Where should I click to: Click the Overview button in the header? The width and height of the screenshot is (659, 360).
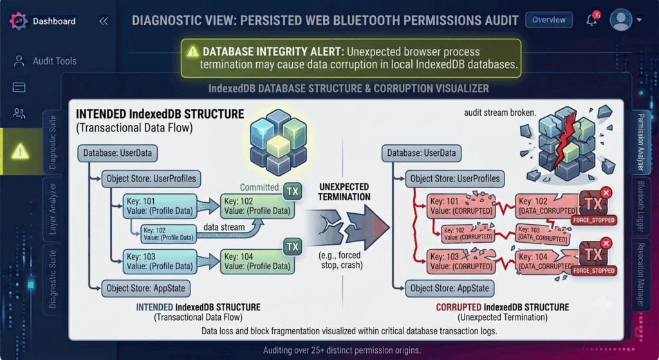[x=548, y=20]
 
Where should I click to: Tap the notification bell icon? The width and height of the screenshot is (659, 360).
[x=592, y=19]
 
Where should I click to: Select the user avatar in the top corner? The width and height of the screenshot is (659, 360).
[x=621, y=19]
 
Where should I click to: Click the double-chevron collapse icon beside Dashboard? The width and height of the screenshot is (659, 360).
[x=104, y=21]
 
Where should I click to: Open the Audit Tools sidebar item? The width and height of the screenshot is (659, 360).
[x=46, y=61]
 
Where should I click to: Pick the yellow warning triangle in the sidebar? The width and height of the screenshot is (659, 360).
[x=20, y=151]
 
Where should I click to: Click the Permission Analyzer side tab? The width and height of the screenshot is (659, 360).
[x=640, y=142]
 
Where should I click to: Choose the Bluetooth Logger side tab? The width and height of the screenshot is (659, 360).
[x=640, y=207]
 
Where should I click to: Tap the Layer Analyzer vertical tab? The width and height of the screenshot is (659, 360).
[x=53, y=209]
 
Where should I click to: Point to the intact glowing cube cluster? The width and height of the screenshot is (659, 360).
[x=278, y=142]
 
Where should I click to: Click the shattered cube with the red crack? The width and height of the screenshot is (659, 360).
[x=568, y=143]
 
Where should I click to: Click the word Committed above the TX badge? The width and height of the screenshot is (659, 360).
[x=259, y=187]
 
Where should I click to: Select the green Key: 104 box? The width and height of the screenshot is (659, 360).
[x=257, y=261]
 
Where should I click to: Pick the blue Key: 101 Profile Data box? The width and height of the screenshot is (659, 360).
[x=160, y=206]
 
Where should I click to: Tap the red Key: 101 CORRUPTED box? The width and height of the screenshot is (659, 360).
[x=461, y=206]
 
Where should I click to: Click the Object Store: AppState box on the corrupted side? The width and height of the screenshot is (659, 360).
[x=450, y=289]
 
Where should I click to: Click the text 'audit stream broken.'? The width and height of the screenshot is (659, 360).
[x=499, y=112]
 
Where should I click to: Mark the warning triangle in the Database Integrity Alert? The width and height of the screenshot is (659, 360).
[x=192, y=52]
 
